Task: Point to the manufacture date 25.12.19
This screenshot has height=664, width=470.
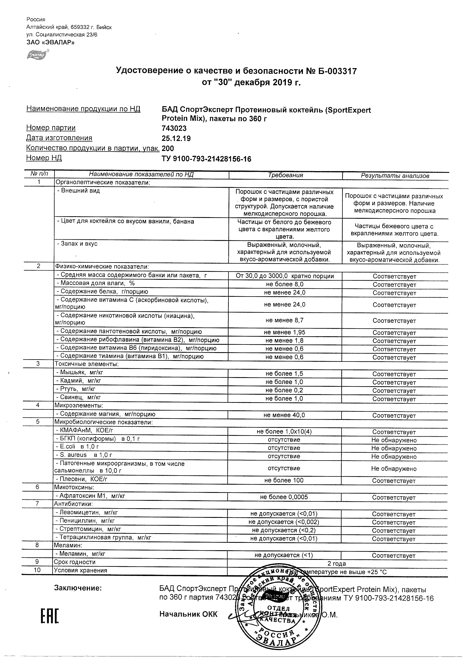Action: coord(176,138)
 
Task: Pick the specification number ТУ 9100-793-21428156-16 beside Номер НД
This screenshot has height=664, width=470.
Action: coord(206,159)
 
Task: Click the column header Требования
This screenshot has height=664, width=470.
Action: coord(285,175)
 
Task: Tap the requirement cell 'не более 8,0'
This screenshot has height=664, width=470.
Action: coord(285,284)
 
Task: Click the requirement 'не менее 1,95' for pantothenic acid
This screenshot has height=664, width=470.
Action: coord(285,332)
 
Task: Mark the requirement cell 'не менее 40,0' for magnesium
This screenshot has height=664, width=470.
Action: coord(284,415)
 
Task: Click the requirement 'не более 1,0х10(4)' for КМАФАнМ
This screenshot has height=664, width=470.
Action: coord(284,432)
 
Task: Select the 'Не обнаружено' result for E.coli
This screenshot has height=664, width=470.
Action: coord(394,449)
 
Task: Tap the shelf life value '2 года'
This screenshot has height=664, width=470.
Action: coord(336,564)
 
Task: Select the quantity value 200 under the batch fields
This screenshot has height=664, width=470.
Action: coord(168,149)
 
